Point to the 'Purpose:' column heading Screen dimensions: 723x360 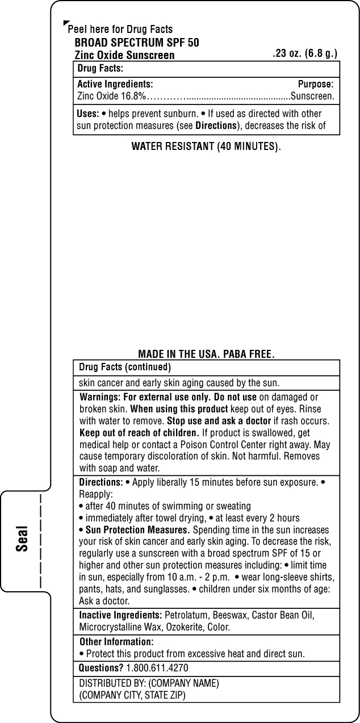click(316, 84)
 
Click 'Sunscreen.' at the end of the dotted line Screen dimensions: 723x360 click(312, 96)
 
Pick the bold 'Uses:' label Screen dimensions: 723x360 click(88, 114)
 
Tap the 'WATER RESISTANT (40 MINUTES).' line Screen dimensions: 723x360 click(206, 147)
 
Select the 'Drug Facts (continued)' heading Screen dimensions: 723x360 click(125, 367)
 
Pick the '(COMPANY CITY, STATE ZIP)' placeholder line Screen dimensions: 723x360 click(132, 695)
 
